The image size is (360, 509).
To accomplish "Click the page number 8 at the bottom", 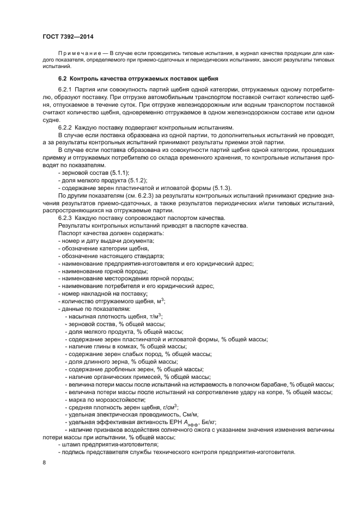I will [44, 462].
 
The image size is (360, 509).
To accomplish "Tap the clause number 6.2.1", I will [66, 90].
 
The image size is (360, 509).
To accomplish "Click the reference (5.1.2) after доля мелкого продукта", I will [138, 180].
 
